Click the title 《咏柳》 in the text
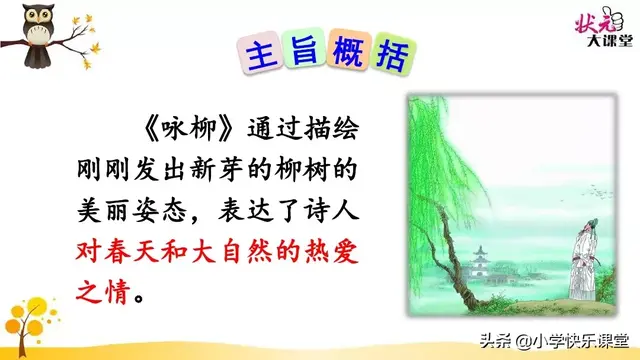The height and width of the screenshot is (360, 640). click(x=176, y=132)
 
